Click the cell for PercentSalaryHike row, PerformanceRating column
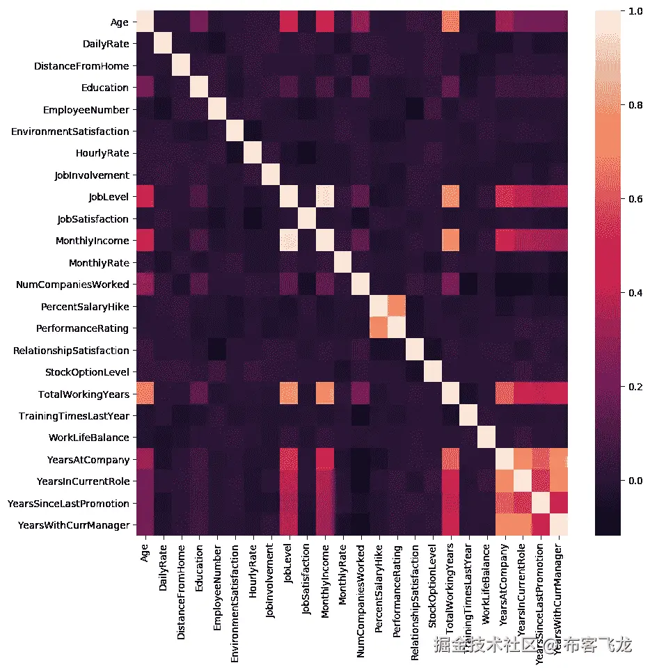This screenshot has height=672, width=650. pyautogui.click(x=397, y=307)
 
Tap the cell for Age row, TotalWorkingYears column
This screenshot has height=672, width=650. pyautogui.click(x=451, y=23)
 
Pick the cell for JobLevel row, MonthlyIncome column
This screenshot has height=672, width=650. pyautogui.click(x=324, y=198)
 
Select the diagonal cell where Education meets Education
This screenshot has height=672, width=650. pyautogui.click(x=198, y=88)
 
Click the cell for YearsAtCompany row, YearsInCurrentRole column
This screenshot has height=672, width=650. pyautogui.click(x=523, y=460)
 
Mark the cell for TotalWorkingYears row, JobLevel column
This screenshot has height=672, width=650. pyautogui.click(x=288, y=394)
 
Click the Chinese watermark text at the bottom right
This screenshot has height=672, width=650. pyautogui.click(x=532, y=645)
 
